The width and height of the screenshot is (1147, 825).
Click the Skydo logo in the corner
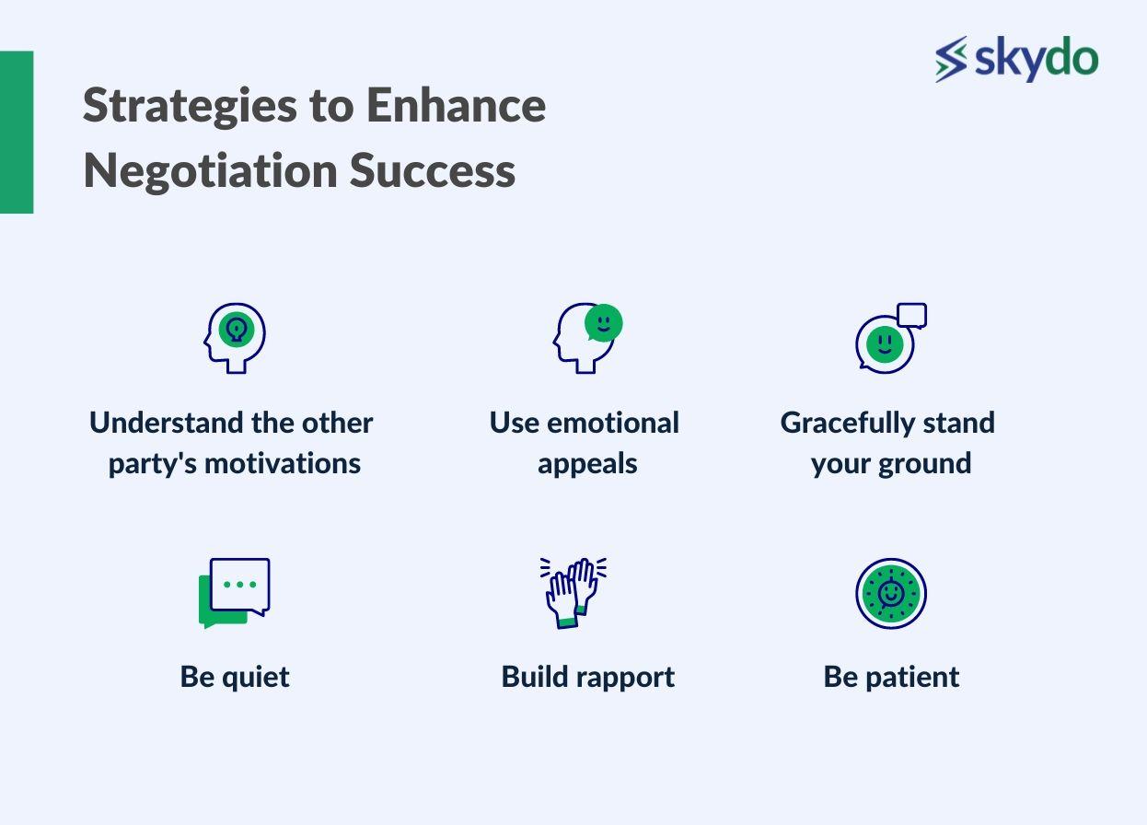click(1016, 58)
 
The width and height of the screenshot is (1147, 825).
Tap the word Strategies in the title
click(190, 107)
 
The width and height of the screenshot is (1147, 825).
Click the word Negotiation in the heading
click(210, 171)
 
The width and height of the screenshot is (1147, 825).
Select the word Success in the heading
click(433, 171)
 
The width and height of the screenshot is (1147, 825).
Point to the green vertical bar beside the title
click(17, 132)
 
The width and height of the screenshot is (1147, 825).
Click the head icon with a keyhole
click(235, 338)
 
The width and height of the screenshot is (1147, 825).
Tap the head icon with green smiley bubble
click(587, 338)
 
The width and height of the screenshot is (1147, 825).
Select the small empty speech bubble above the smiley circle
click(912, 316)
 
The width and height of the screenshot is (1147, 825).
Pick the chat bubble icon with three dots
click(235, 593)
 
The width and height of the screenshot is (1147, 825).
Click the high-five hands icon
click(573, 593)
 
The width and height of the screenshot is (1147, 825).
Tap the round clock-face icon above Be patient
click(891, 594)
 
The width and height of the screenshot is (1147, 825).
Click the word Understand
click(167, 423)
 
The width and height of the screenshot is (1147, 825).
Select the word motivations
click(283, 464)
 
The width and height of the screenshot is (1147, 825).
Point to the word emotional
click(613, 423)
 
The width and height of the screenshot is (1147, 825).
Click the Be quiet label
click(235, 678)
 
